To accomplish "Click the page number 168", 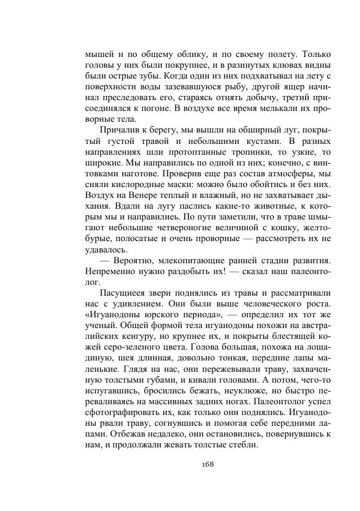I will tap(208, 464).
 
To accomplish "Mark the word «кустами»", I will tap(246, 142).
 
